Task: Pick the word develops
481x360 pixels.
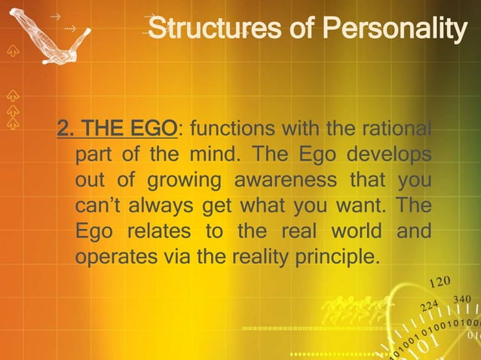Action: (389, 155)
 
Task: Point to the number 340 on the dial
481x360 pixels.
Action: (461, 300)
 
